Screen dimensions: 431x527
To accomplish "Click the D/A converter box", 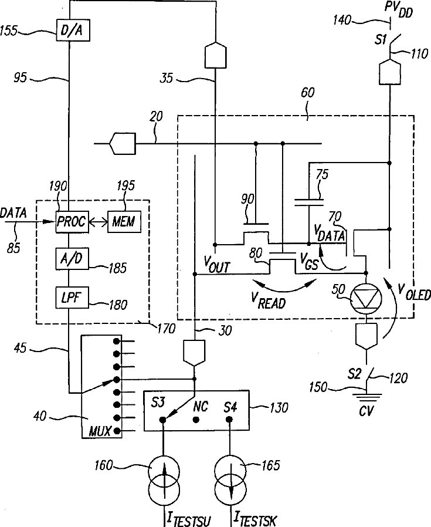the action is click(73, 31).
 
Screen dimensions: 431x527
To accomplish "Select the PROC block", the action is click(72, 222).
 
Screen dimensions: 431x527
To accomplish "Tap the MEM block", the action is click(124, 222).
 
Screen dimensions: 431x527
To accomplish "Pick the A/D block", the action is click(72, 259).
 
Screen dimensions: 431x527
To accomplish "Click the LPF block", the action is click(72, 298).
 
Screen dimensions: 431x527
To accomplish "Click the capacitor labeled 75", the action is click(308, 202).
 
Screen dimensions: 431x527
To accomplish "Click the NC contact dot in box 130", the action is click(196, 420).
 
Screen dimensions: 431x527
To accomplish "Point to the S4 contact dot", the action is click(229, 420).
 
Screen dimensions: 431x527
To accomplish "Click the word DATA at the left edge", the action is click(13, 213).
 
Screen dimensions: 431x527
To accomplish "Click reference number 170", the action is click(167, 329).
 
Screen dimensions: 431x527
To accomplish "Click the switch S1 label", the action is click(381, 40).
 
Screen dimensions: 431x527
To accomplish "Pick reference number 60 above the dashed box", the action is click(307, 93).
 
